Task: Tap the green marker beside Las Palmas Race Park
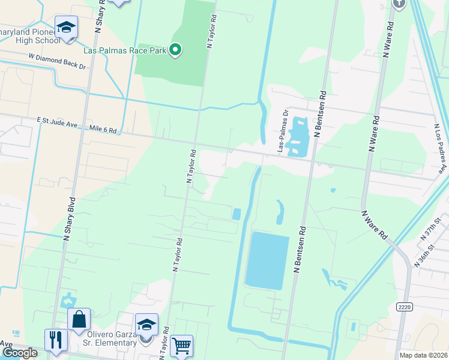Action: point(175,50)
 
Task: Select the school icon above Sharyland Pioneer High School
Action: point(66,27)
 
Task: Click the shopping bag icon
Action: point(79,320)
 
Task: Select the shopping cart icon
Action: point(181,346)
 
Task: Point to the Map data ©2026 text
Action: point(423,355)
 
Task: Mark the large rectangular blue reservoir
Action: point(265,260)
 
